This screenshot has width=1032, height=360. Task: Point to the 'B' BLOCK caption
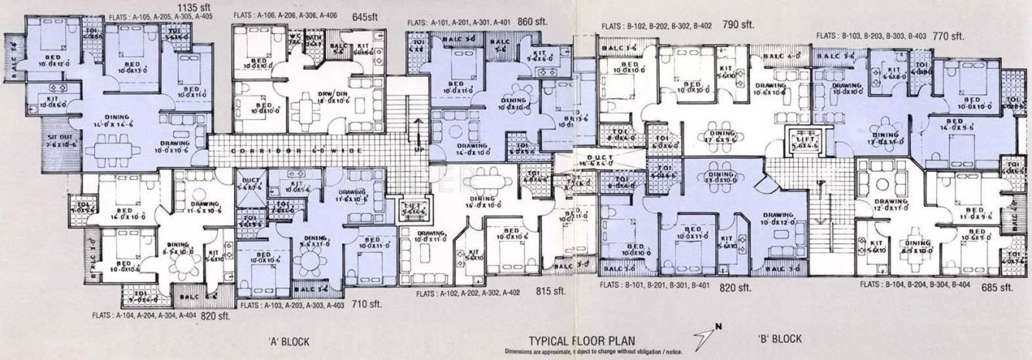click(x=780, y=338)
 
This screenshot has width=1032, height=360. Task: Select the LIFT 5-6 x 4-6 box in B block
click(x=804, y=143)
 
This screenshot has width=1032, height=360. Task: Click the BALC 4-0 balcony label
click(x=784, y=56)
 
